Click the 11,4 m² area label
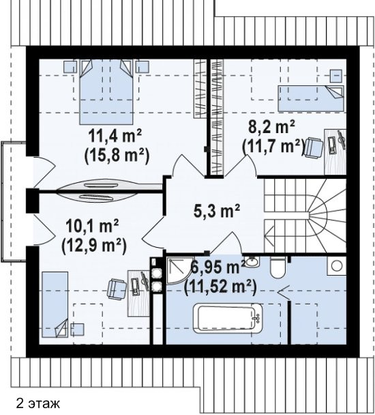[x=115, y=137]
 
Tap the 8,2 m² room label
[x=271, y=128]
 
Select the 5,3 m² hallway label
[x=217, y=211]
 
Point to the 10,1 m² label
[x=92, y=226]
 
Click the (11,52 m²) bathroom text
[x=220, y=287]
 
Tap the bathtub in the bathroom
[x=228, y=318]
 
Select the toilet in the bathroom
[x=277, y=268]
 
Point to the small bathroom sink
[x=252, y=261]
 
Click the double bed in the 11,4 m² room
[x=106, y=91]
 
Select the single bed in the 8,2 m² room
[x=311, y=98]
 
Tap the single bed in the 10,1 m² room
[x=55, y=304]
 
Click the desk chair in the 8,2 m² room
[x=314, y=148]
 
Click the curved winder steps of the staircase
[x=327, y=213]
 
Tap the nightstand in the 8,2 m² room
[x=336, y=76]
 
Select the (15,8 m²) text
[x=117, y=156]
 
